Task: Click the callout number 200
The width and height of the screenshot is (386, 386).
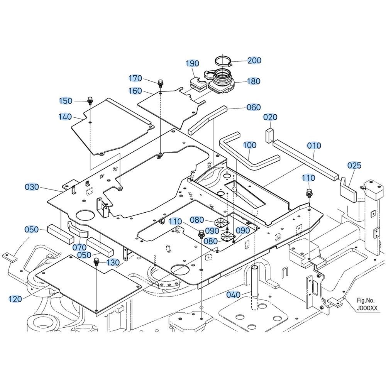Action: pos(254,60)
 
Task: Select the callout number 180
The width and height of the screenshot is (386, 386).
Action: pos(253,81)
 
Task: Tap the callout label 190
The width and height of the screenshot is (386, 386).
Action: pos(192,64)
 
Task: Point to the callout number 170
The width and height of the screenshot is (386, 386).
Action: pos(135,78)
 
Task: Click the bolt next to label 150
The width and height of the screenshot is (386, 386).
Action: pos(90,100)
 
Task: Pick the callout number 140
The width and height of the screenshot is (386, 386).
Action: pos(65,116)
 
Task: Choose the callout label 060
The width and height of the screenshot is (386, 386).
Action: pos(254,107)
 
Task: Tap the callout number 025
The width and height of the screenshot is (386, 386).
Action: pos(354,166)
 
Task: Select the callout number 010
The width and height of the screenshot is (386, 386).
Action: pos(314,146)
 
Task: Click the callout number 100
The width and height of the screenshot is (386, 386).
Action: pos(250,145)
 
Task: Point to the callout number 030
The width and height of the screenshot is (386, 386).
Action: pos(32,187)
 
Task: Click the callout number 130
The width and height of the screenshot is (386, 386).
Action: pos(113,262)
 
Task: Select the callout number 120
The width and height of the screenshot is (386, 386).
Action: pos(15,298)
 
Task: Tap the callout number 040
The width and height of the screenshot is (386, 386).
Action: pos(233,295)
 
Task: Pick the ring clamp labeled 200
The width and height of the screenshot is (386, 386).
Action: pos(223,61)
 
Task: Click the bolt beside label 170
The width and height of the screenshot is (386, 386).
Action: pos(160,83)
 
